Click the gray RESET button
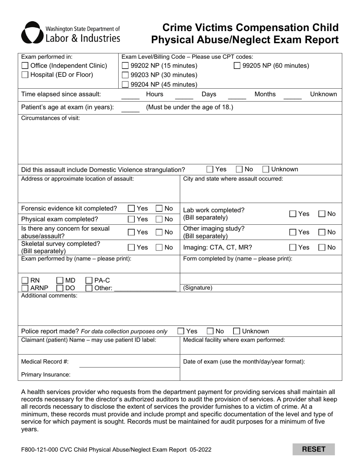pos(313,449)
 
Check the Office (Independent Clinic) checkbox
pos(25,66)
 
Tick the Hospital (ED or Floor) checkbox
pos(25,75)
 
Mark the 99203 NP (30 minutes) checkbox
pos(125,75)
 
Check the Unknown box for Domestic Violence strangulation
pos(266,169)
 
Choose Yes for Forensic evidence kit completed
pos(131,208)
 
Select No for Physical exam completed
pos(159,219)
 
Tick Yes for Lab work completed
pos(293,214)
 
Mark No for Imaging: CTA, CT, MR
pos(322,247)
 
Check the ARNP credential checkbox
pos(25,288)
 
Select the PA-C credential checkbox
pos(89,280)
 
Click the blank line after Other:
pos(145,289)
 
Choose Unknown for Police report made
pos(236,331)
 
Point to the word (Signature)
pos(197,288)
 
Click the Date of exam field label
pos(244,361)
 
